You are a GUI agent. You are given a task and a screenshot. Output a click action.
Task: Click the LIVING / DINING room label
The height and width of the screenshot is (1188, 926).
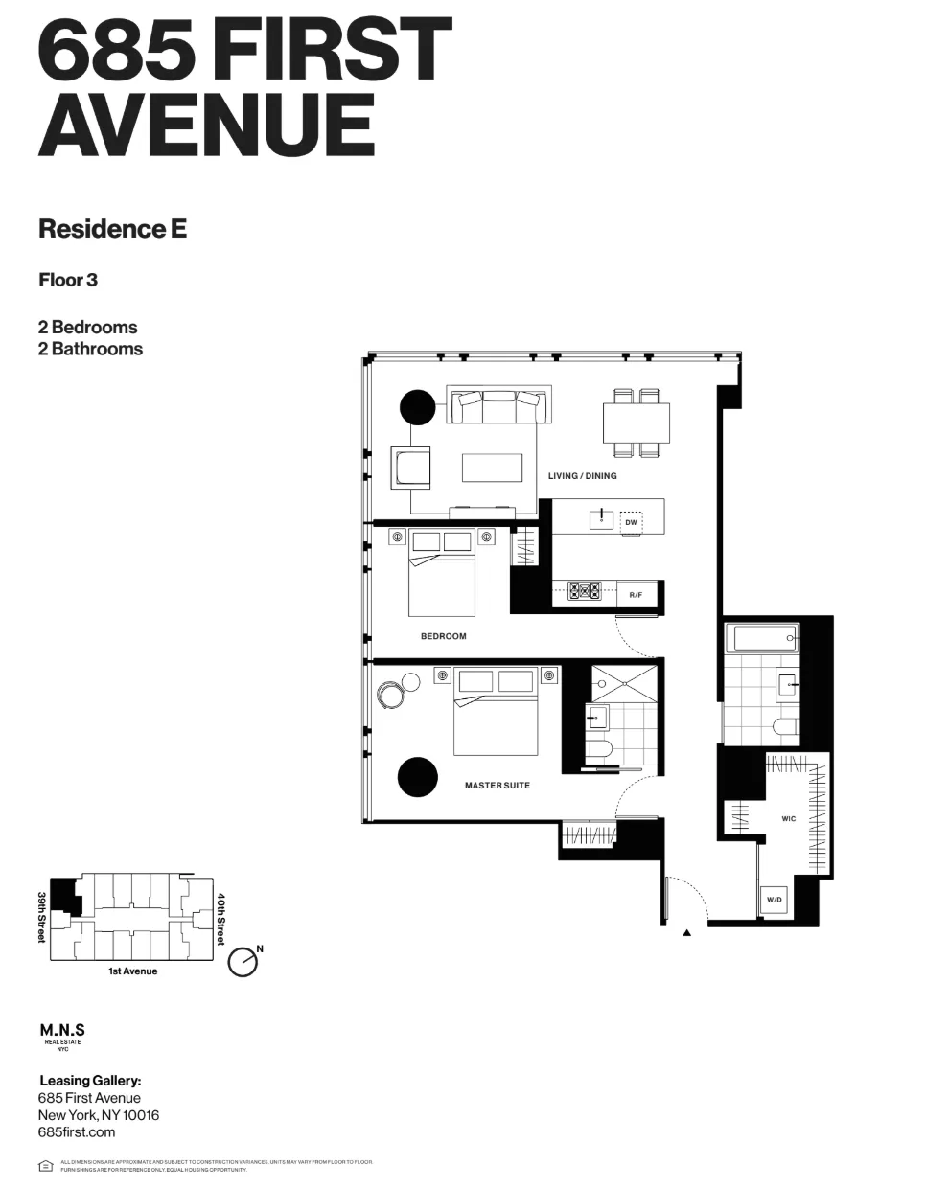tap(582, 476)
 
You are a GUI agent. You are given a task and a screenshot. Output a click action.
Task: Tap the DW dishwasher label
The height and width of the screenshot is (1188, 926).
tap(630, 522)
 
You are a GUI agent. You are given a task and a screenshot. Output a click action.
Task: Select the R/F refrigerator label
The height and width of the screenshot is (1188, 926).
tap(636, 595)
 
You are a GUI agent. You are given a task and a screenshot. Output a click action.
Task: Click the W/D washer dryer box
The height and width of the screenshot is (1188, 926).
tap(774, 900)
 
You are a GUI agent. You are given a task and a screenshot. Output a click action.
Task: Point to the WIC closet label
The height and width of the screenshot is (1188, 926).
tap(788, 819)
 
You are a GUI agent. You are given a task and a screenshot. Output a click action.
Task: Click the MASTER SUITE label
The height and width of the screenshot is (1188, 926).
tap(497, 786)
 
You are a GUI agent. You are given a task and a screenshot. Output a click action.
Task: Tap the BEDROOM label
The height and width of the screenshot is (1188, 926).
tap(443, 636)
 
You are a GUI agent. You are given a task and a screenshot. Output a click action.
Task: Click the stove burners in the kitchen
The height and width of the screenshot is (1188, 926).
tap(584, 592)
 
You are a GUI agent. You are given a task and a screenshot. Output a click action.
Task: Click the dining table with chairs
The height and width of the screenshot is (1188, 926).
tap(636, 422)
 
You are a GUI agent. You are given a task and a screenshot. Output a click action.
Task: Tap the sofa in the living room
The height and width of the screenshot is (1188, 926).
tap(499, 406)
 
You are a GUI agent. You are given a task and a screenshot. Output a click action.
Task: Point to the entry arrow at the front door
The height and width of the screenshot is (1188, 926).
tap(686, 932)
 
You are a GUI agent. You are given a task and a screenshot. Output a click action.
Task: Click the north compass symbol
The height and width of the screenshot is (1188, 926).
tap(243, 962)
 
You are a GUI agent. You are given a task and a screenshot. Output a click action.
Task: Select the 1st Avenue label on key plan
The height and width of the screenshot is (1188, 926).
tap(132, 971)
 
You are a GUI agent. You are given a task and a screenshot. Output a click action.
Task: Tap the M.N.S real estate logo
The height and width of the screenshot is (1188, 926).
tap(62, 1035)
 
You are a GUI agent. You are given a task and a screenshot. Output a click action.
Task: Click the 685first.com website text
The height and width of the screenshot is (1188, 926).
tap(77, 1131)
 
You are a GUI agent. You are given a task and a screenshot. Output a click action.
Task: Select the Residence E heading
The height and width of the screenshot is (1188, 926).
tap(112, 229)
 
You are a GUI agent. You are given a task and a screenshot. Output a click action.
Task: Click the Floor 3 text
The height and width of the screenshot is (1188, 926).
tap(68, 280)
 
